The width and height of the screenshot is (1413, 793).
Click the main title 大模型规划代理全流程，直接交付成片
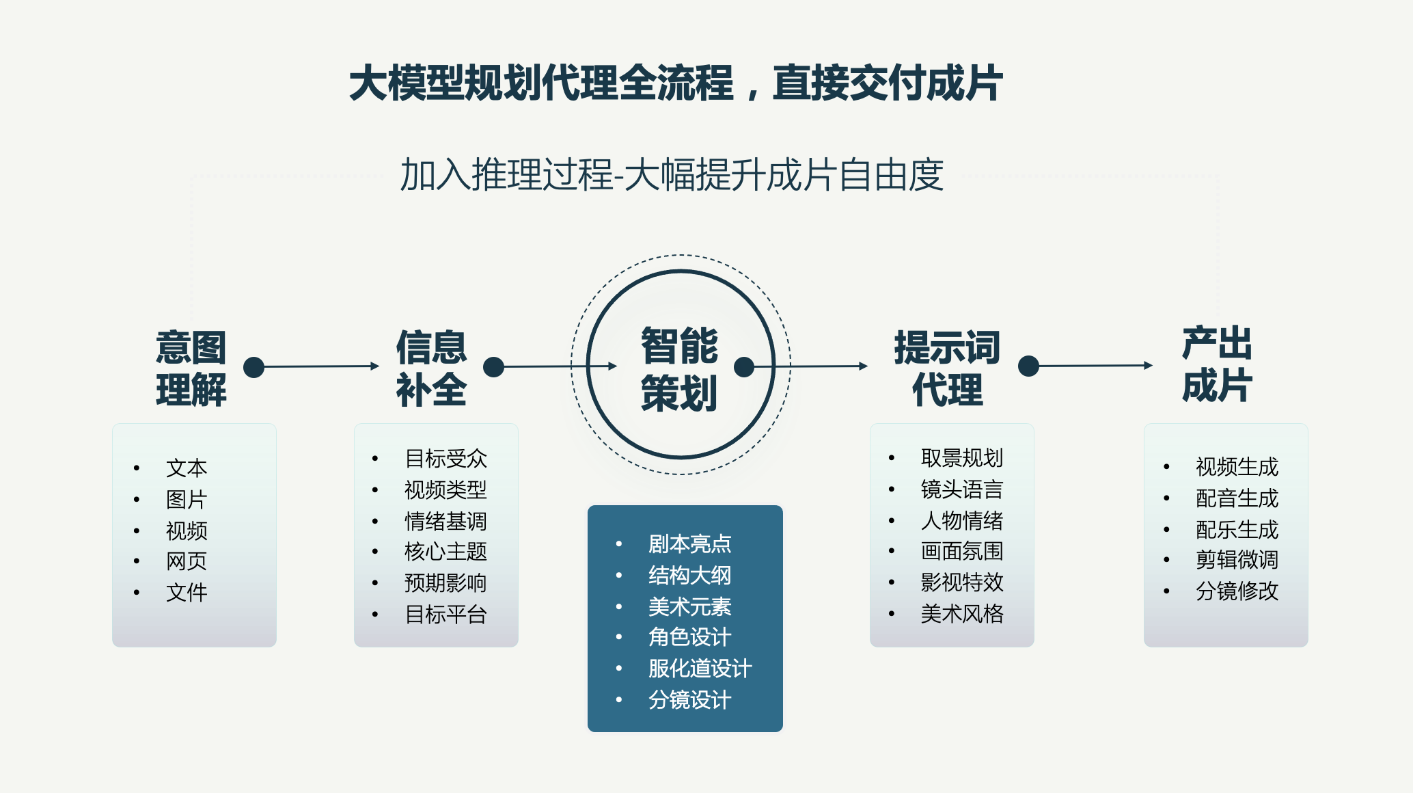click(x=675, y=83)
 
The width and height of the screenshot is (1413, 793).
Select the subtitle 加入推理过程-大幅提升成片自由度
click(x=672, y=175)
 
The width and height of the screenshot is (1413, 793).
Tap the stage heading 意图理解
click(x=191, y=368)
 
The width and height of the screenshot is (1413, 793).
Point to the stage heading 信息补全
click(x=431, y=368)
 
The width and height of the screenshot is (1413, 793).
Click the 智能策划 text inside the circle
click(x=679, y=369)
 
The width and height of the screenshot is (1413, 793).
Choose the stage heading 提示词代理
click(x=947, y=368)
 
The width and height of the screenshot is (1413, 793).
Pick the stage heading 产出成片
click(x=1217, y=364)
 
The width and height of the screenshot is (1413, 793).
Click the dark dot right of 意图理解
click(x=254, y=367)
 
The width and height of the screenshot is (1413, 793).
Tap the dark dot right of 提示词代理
click(x=1028, y=366)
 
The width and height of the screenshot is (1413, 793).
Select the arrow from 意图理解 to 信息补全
click(x=321, y=366)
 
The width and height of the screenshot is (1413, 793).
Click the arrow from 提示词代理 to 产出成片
click(x=1095, y=366)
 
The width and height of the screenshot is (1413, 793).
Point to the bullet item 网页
click(x=187, y=561)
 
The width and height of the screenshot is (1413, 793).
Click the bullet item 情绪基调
click(x=445, y=521)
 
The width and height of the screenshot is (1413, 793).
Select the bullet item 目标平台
click(x=445, y=615)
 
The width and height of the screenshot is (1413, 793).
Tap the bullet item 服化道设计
click(x=700, y=668)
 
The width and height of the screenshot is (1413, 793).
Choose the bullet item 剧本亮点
click(x=689, y=544)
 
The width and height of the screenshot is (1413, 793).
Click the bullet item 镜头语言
click(x=961, y=489)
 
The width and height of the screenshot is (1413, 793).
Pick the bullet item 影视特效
click(x=961, y=582)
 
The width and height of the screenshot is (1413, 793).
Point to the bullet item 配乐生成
click(x=1237, y=530)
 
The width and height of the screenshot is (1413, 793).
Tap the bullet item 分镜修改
click(x=1237, y=591)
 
